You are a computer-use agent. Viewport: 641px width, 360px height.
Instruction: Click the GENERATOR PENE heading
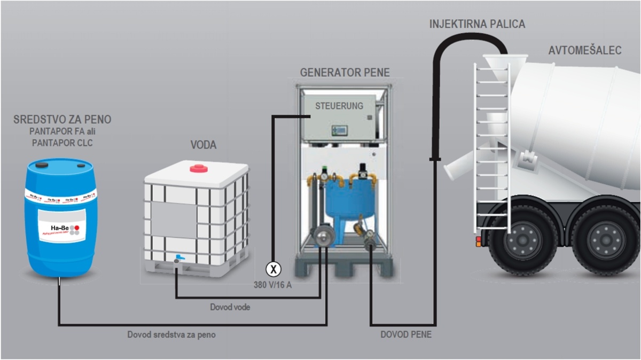click(x=345, y=72)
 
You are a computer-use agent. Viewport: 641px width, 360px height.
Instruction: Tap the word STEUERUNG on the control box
click(x=339, y=106)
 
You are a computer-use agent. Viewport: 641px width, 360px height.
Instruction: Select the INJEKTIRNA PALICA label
click(x=477, y=24)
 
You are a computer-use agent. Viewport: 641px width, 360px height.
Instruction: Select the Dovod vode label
click(x=230, y=307)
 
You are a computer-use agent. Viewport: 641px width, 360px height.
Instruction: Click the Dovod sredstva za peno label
click(x=171, y=335)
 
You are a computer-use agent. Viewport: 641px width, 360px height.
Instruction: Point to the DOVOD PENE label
click(x=406, y=335)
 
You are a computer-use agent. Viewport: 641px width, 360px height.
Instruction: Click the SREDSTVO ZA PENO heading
click(x=62, y=119)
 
